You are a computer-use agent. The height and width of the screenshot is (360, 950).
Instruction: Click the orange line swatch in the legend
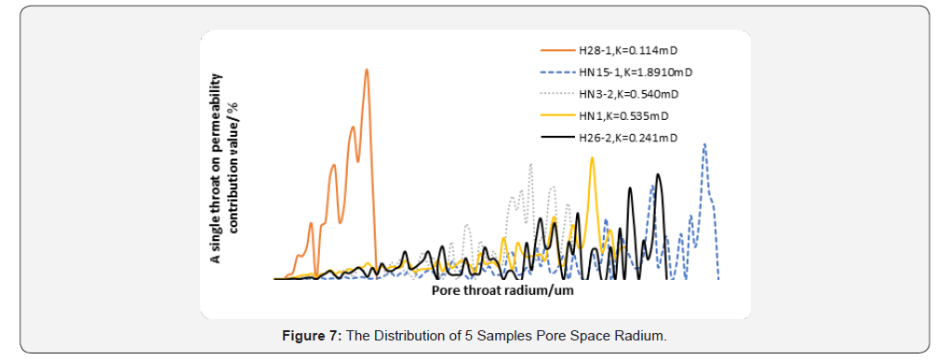pos(555,49)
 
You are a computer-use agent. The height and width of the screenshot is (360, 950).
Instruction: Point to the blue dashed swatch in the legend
pos(555,72)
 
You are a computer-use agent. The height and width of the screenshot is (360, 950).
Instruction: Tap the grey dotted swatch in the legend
pos(555,94)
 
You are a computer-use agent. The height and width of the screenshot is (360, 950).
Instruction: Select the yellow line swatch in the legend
pos(555,116)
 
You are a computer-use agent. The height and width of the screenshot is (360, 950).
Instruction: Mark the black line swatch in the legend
pos(555,139)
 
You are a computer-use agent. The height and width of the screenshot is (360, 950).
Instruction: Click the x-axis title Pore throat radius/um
pos(502,290)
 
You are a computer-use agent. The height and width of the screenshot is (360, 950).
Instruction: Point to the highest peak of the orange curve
pos(367,70)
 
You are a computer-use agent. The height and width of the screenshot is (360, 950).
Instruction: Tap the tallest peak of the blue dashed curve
pos(705,144)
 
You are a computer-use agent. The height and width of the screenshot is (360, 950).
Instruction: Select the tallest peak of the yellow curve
pos(591,158)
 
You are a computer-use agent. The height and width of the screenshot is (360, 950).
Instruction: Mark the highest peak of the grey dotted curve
pos(530,166)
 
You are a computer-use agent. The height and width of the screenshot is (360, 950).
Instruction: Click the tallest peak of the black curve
pos(659,174)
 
